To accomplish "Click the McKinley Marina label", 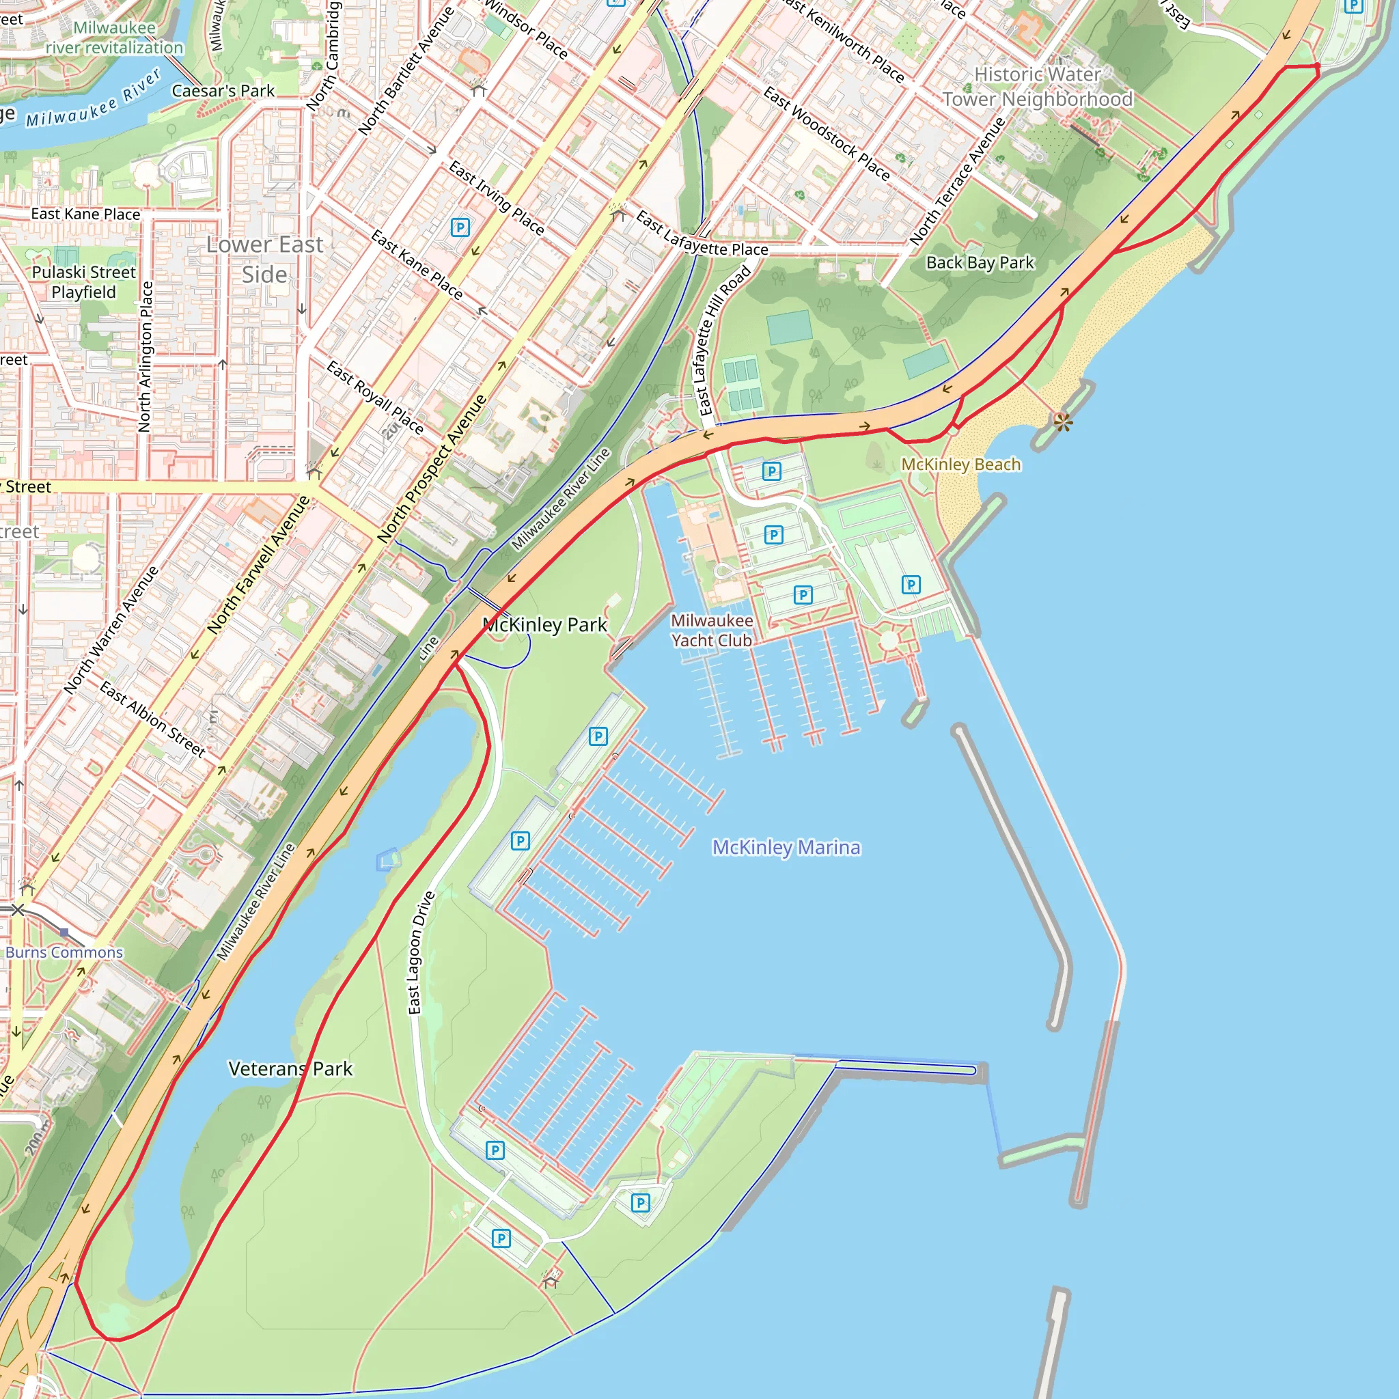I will [x=786, y=847].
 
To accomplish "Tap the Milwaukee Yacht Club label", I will [x=711, y=631].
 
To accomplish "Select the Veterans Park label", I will [x=290, y=1069].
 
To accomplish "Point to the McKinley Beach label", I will [x=960, y=464].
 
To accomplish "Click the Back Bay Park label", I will [x=980, y=263].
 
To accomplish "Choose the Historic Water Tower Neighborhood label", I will [x=1037, y=87].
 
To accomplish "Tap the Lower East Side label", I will [x=264, y=259].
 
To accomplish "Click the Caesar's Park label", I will [x=223, y=92].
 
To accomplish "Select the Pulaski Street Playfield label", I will [x=83, y=281].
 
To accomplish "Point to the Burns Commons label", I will [x=64, y=952].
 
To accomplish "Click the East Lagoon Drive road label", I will [x=421, y=952].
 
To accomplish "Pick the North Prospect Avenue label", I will [x=432, y=469].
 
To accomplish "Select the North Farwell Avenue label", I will [x=258, y=565].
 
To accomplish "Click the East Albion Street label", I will [x=153, y=719].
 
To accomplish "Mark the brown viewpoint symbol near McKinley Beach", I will [x=1062, y=422].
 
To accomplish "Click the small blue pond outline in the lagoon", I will [x=389, y=859].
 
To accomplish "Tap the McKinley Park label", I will [x=545, y=625].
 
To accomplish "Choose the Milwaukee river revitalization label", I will [x=114, y=38].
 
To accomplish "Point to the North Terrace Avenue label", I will [x=956, y=181].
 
